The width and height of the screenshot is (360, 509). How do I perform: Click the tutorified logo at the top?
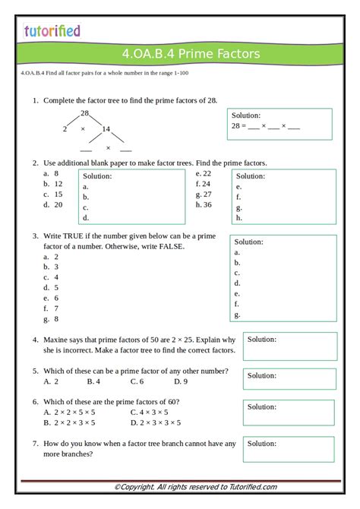coord(51,31)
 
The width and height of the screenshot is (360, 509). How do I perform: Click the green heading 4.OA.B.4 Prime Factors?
coord(190,53)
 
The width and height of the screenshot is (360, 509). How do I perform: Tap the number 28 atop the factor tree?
coord(85,113)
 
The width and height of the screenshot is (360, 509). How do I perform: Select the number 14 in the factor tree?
coord(106,129)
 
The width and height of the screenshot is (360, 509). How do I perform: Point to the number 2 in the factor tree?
coord(65,129)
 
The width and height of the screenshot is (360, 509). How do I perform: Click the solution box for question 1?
coord(279,124)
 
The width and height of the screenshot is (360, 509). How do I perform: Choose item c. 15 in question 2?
coord(53,194)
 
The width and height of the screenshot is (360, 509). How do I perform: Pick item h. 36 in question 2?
coord(204,204)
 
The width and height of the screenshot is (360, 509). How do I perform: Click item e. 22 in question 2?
coord(203,173)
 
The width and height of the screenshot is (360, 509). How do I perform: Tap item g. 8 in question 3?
coord(52,319)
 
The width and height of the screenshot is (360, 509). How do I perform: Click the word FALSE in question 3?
coord(171,246)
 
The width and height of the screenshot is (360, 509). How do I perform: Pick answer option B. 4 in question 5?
coord(93,381)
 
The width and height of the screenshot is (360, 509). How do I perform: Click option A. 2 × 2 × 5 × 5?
coord(70,412)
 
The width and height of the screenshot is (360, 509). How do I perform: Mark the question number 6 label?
coord(35,401)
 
